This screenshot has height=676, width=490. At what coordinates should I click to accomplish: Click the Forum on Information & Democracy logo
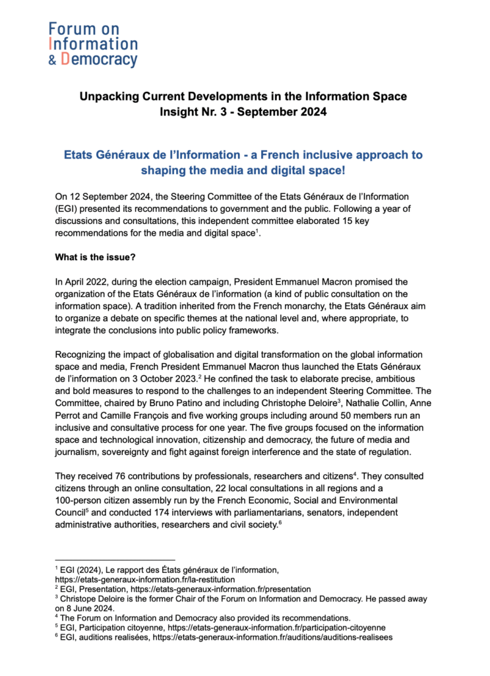coord(92,44)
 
